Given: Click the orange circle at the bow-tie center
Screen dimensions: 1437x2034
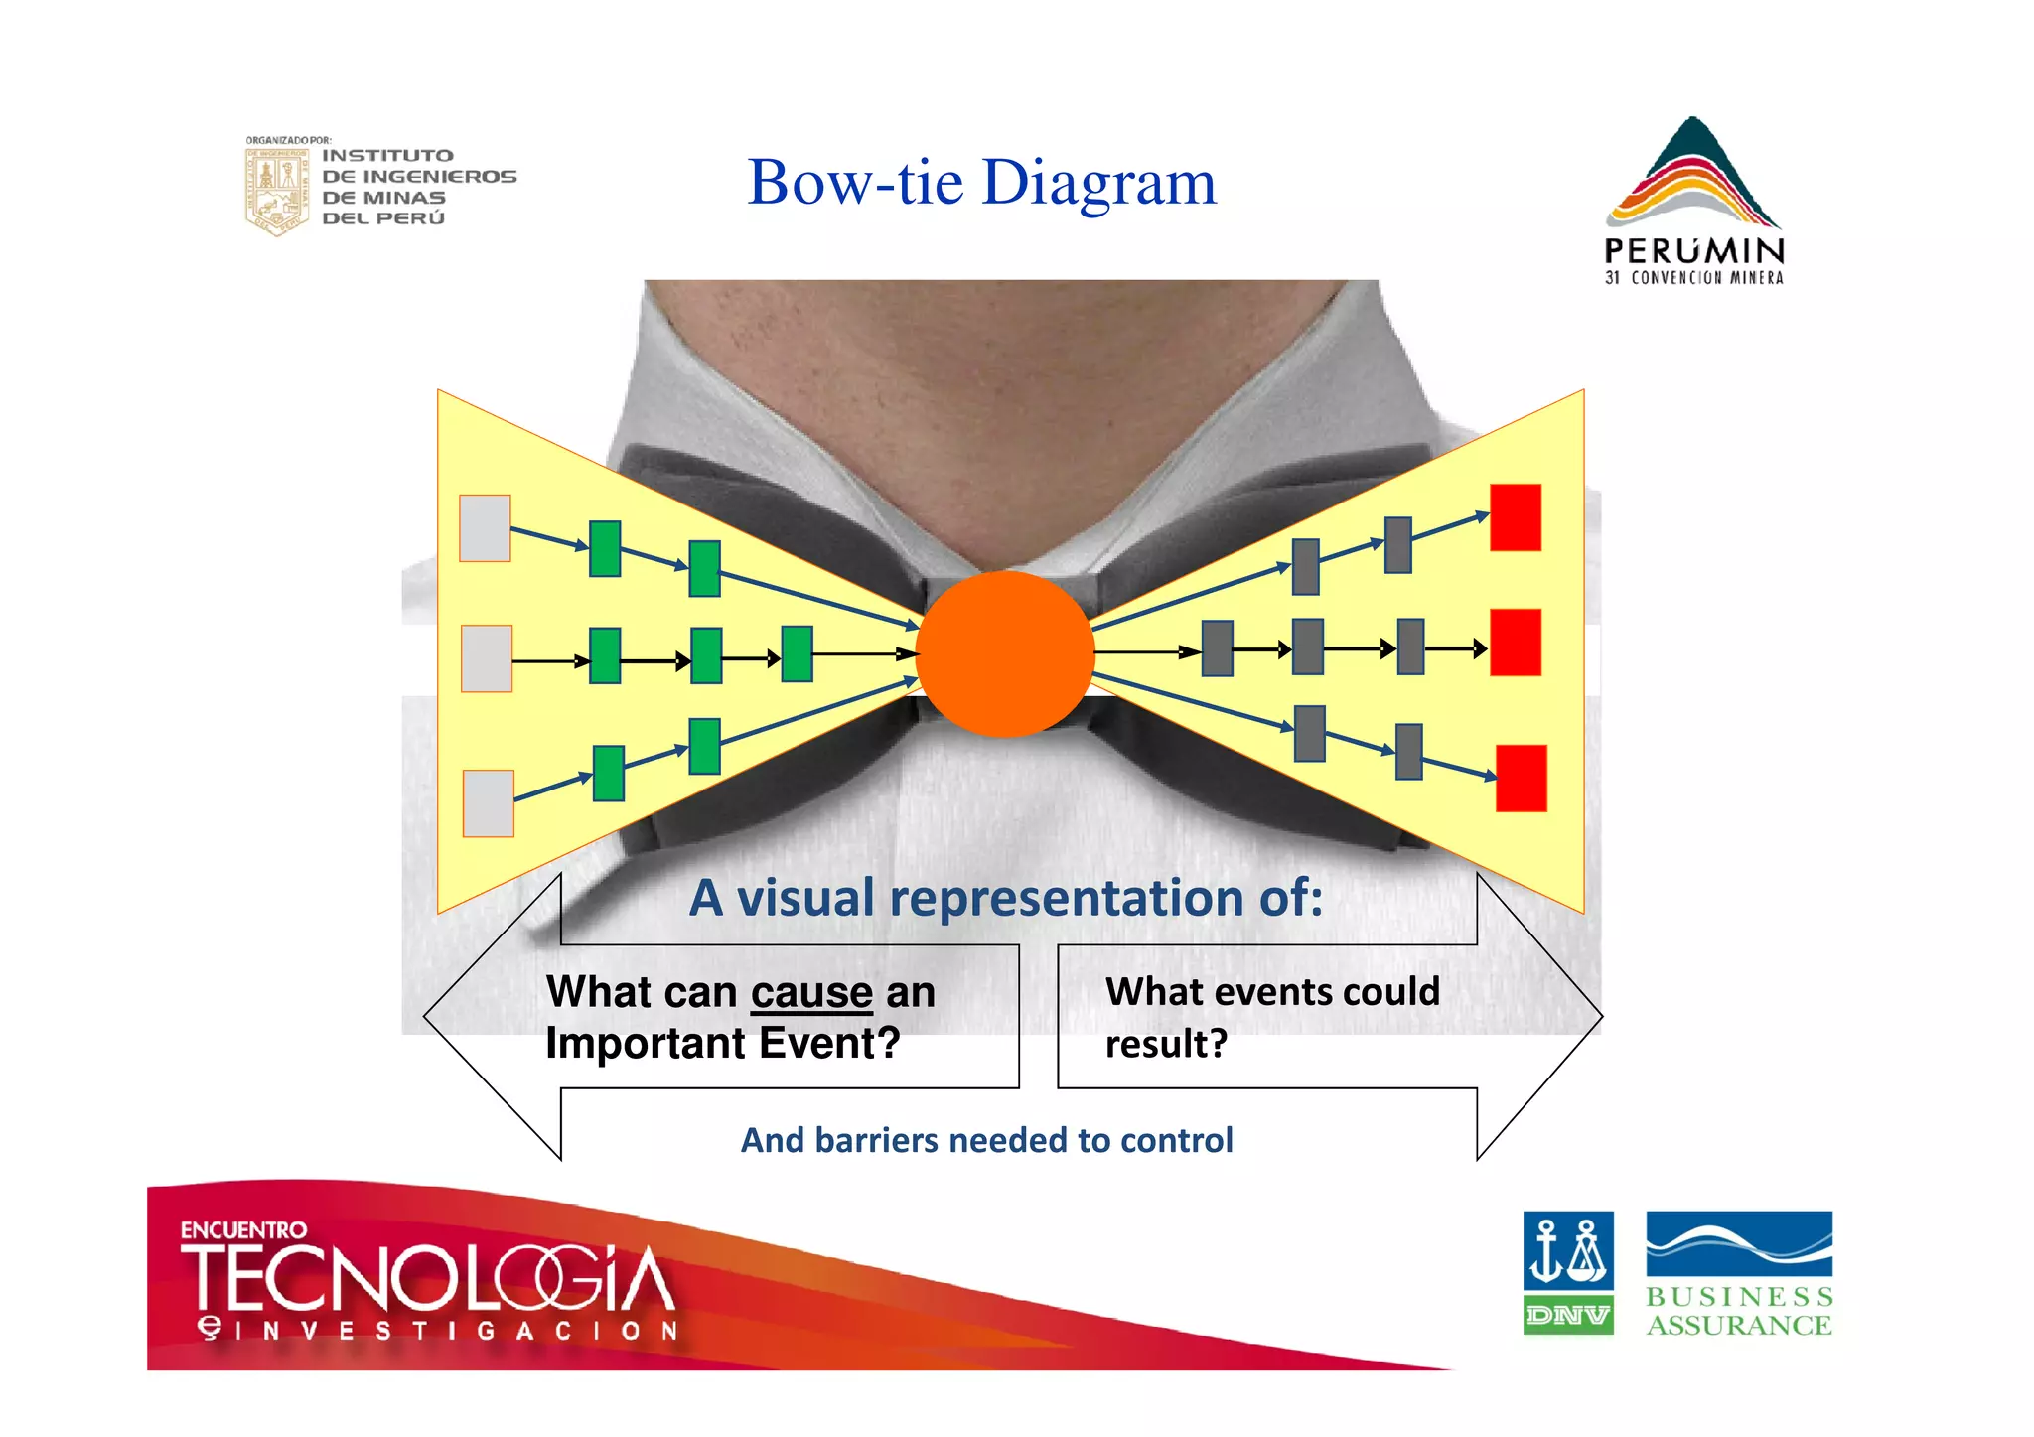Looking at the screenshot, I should point(1004,653).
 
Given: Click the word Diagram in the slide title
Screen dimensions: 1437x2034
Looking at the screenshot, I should point(1098,183).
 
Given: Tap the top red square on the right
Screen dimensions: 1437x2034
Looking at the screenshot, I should point(1515,517).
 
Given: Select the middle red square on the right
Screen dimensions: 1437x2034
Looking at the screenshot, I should point(1515,643).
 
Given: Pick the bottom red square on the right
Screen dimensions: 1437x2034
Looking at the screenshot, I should point(1521,779).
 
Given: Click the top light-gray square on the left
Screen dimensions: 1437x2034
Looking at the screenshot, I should point(485,528).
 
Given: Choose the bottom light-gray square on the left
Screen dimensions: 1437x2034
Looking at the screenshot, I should point(488,802).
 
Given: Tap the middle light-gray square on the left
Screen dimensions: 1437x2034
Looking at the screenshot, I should point(487,658).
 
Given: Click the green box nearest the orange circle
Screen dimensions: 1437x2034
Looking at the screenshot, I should point(797,653).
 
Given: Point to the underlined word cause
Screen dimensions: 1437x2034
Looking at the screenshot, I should point(811,992).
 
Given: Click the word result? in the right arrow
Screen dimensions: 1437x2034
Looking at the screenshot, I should point(1166,1044).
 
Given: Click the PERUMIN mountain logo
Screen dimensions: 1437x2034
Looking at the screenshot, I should point(1692,174).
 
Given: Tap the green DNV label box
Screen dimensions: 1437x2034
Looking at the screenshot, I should point(1567,1315).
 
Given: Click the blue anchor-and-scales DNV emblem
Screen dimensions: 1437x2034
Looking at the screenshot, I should point(1567,1250).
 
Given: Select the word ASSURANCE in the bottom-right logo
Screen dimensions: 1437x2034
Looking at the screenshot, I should point(1738,1325).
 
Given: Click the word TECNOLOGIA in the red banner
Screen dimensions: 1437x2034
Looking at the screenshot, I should point(427,1279).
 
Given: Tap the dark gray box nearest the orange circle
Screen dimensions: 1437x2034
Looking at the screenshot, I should point(1217,648).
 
